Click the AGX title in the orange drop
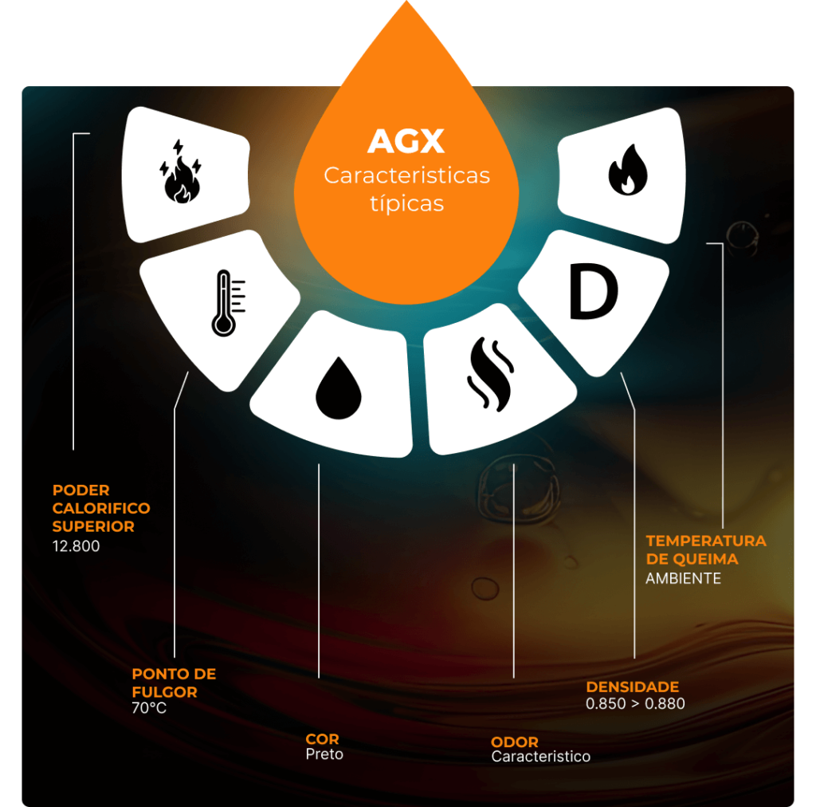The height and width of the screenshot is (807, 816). (x=406, y=141)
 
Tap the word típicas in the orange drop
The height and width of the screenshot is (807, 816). (x=407, y=203)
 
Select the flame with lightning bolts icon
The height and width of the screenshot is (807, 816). (x=180, y=171)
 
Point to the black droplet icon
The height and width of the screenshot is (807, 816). (x=338, y=388)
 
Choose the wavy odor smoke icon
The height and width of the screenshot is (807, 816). (x=490, y=374)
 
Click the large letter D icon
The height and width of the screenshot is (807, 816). (x=593, y=291)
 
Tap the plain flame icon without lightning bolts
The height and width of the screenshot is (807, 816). (x=628, y=170)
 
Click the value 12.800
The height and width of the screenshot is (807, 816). (x=76, y=546)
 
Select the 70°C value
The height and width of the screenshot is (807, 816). (x=149, y=708)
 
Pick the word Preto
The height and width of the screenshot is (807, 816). (x=324, y=754)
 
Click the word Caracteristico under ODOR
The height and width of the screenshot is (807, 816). (x=541, y=757)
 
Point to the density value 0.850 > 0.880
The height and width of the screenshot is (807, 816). (x=635, y=704)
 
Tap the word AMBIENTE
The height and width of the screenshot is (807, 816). (x=683, y=578)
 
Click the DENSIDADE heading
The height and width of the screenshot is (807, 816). (x=632, y=687)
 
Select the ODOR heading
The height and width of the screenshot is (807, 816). (x=514, y=742)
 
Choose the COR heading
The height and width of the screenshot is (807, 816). (x=322, y=738)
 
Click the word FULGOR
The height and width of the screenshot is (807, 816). (x=164, y=692)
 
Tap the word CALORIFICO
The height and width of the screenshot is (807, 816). (x=101, y=508)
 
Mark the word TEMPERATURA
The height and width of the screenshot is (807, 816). (x=706, y=541)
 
